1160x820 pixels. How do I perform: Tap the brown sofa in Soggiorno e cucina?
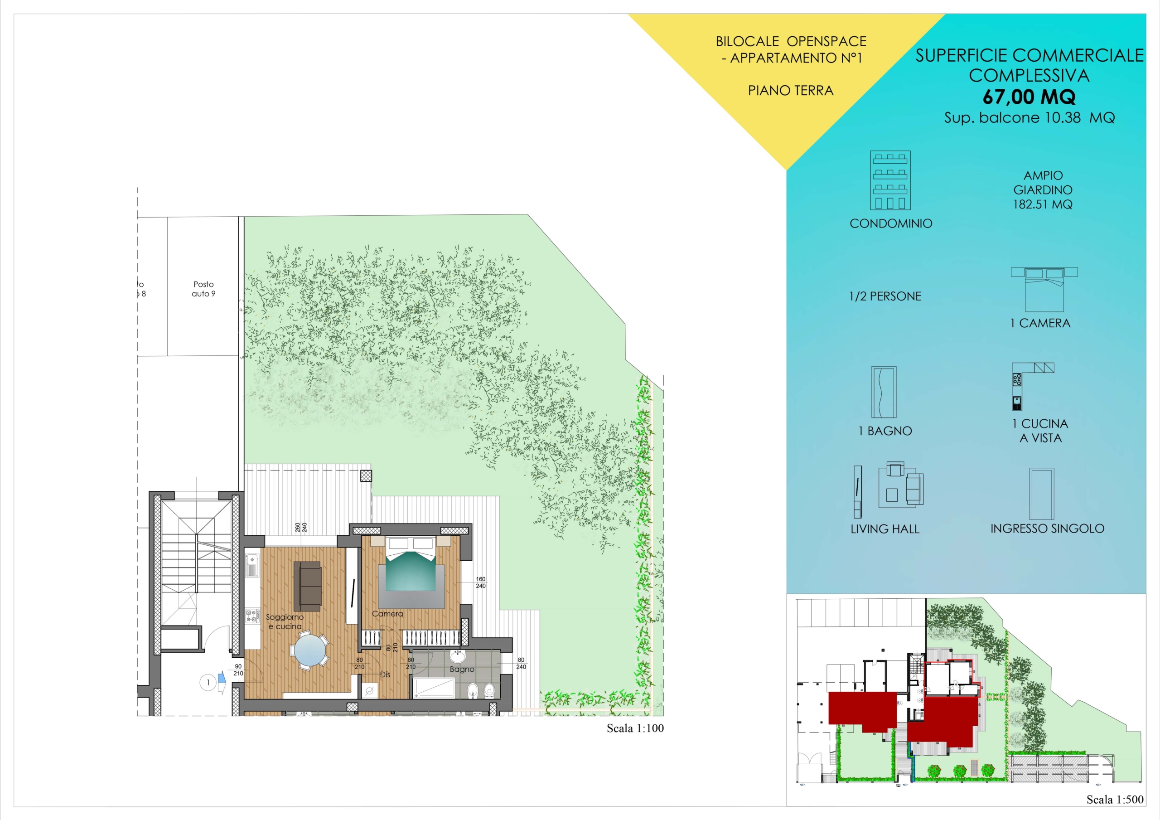(307, 586)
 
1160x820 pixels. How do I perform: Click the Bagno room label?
(462, 670)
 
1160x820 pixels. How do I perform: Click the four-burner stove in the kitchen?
(252, 616)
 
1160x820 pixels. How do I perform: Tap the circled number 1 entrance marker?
(208, 683)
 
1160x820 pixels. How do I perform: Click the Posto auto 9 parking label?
(203, 289)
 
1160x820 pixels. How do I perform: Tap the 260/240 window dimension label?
(301, 527)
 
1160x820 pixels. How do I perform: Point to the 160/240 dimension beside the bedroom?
(480, 582)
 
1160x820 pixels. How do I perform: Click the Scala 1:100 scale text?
(635, 728)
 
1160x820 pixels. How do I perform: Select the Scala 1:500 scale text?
(1115, 799)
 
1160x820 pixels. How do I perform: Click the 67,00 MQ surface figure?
(1029, 96)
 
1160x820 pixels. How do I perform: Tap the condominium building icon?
(890, 180)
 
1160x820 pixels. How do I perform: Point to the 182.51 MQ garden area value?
(1043, 204)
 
